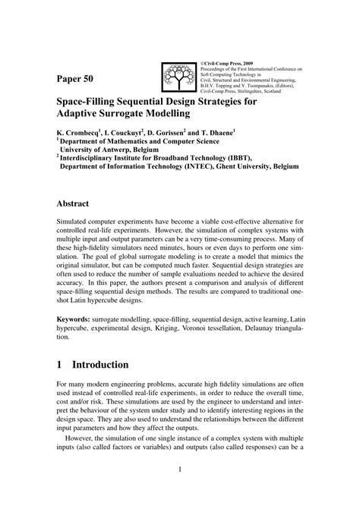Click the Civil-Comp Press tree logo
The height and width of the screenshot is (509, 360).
click(x=180, y=74)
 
